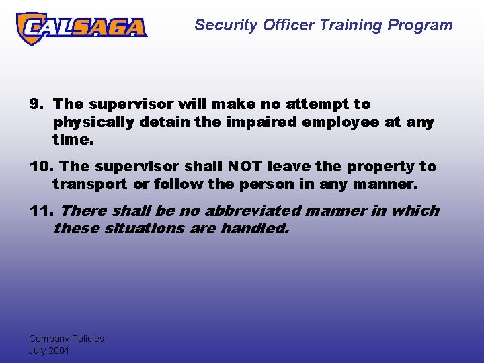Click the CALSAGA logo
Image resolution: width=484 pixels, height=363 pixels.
point(81,28)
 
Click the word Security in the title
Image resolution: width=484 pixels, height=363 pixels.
point(221,26)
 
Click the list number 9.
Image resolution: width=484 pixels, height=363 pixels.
point(36,104)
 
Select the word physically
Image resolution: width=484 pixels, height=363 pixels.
point(95,123)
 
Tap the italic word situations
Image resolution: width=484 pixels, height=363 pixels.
point(138,229)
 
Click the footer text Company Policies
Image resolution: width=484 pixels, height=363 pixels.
point(66,339)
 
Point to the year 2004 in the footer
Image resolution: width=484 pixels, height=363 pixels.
point(58,350)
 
